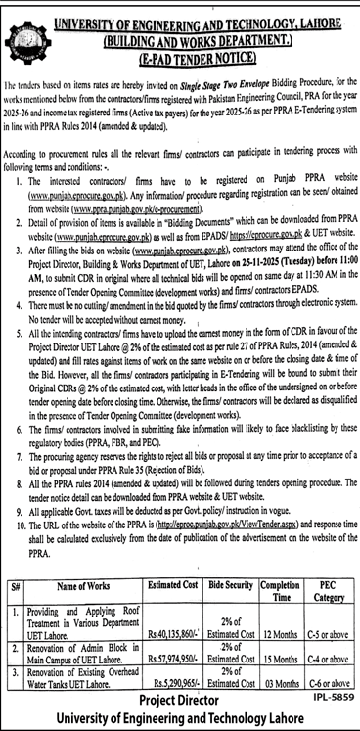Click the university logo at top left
click(23, 28)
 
